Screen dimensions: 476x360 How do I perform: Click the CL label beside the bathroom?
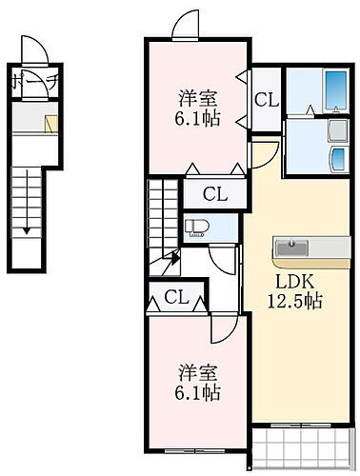[x=266, y=97]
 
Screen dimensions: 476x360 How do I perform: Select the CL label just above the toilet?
[x=215, y=194]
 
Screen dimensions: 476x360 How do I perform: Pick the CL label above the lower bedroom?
[x=175, y=297]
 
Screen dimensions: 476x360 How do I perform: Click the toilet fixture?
[x=199, y=227]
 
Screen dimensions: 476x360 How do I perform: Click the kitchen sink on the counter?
[x=291, y=248]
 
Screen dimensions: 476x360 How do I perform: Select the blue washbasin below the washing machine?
[x=337, y=156]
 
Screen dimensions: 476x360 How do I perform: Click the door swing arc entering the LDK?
[x=262, y=152]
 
